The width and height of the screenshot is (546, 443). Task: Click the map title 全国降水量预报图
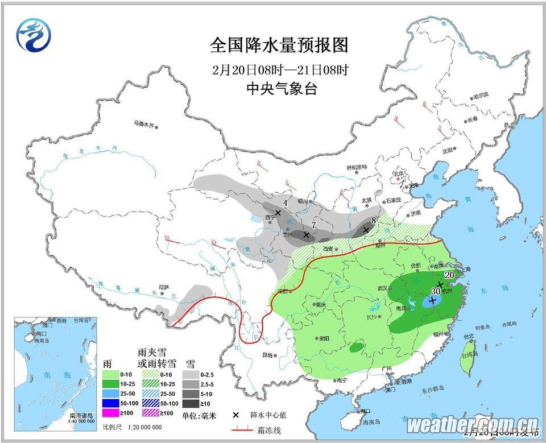point(279,45)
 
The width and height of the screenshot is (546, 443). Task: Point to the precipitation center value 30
point(436,291)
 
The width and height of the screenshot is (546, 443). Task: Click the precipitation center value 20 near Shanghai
point(449,275)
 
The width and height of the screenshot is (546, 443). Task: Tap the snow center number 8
point(373,221)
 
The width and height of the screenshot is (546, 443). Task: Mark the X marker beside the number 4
point(278,213)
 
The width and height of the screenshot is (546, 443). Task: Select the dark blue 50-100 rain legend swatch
point(115,401)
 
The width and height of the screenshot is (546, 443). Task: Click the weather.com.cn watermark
point(473,423)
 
